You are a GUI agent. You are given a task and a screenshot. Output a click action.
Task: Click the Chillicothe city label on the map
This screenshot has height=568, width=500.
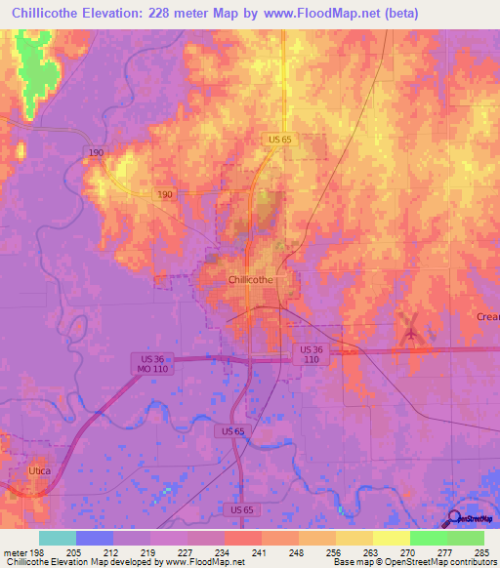250,279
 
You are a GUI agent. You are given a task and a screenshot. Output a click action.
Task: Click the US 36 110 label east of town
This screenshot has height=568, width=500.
312,354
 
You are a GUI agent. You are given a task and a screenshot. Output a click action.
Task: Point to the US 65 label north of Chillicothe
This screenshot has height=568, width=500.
280,141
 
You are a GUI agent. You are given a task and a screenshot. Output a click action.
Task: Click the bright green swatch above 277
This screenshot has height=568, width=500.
429,538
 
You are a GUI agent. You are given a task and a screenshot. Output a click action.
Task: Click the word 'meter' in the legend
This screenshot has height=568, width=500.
15,551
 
